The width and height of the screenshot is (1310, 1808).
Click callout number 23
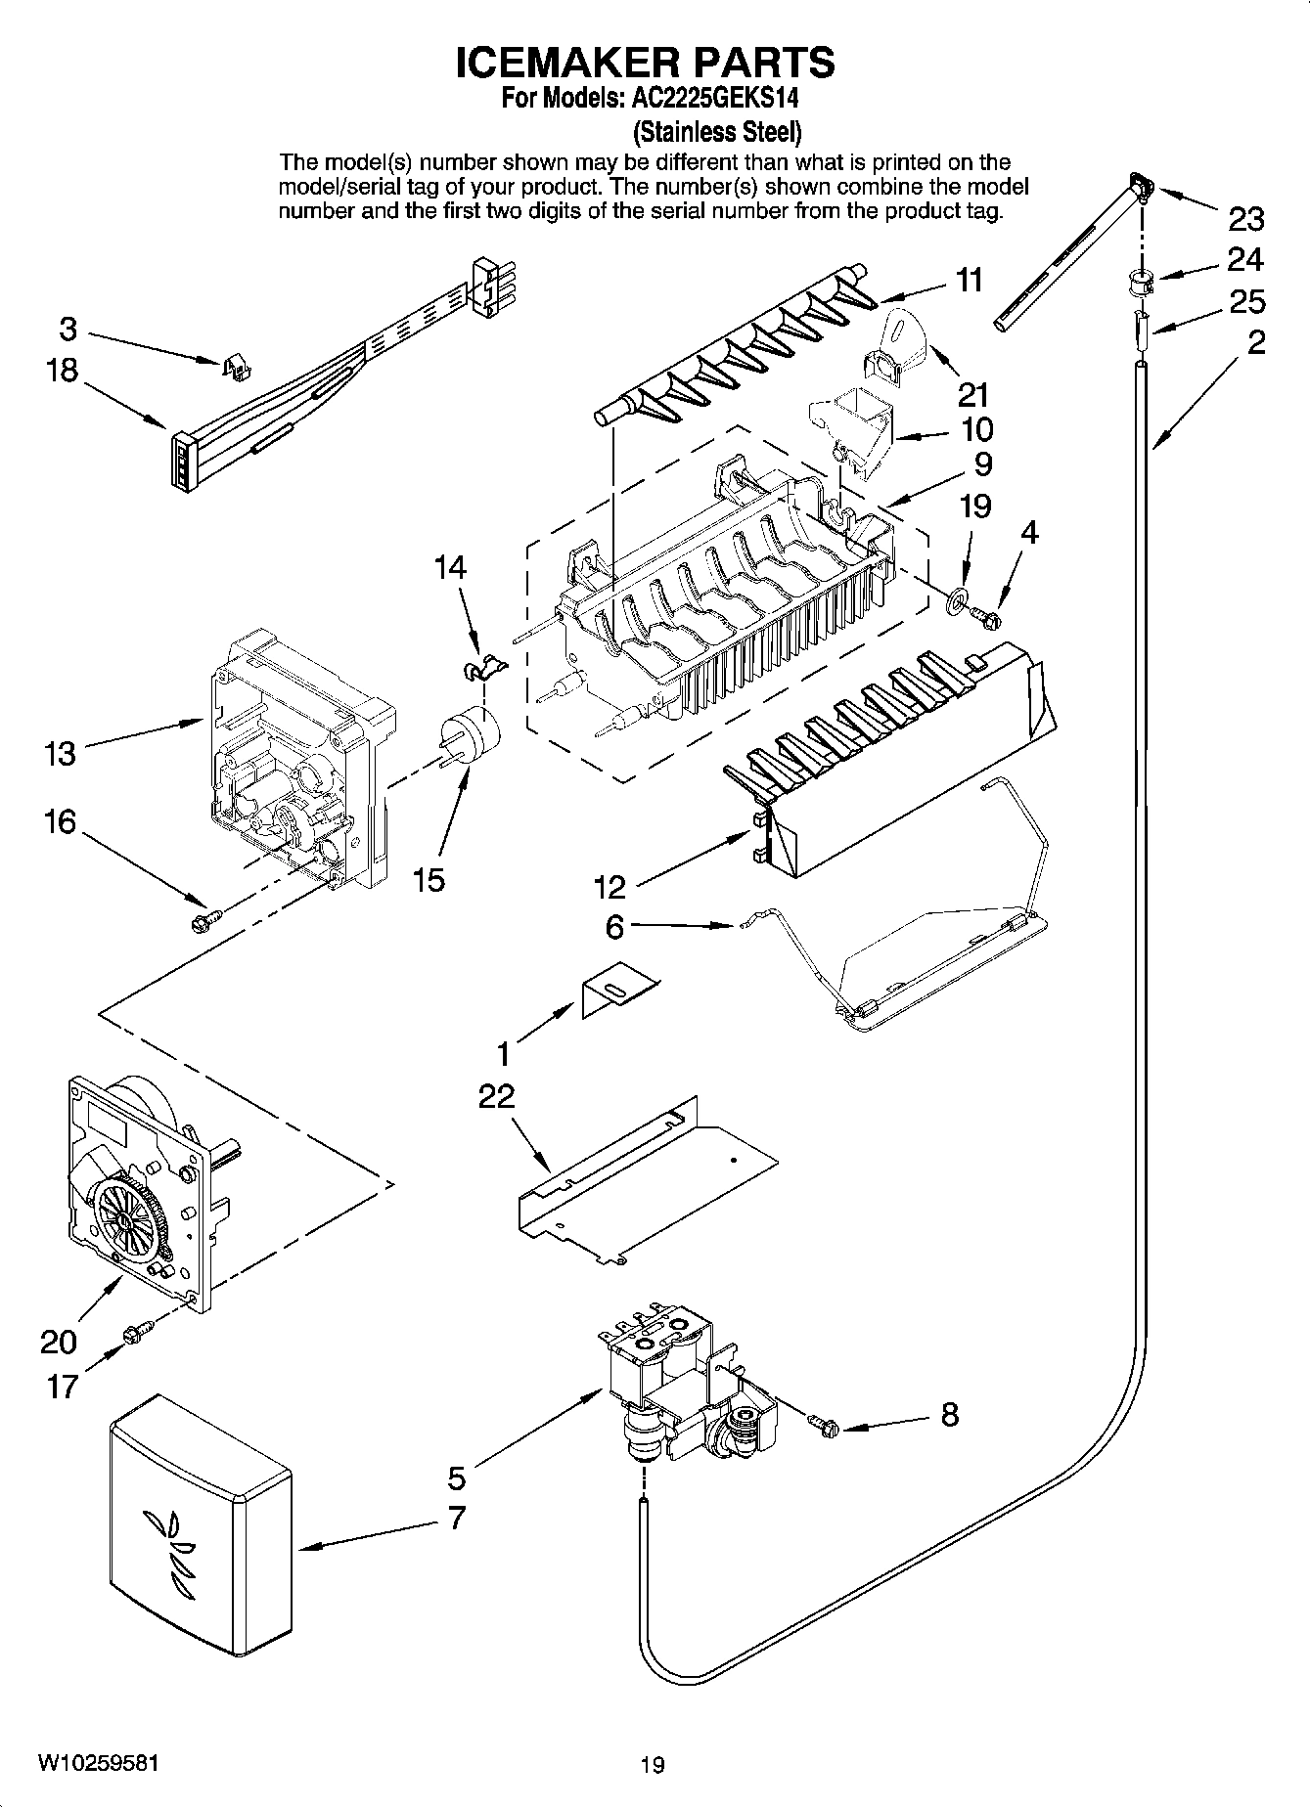(x=1245, y=219)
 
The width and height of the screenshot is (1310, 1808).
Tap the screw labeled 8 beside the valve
(x=824, y=1427)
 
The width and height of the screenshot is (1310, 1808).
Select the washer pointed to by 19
(x=955, y=596)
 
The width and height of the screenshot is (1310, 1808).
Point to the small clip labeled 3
(x=235, y=366)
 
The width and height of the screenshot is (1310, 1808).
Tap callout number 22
(x=496, y=1096)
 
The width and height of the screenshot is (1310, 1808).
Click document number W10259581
(x=98, y=1763)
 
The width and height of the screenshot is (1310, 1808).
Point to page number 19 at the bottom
(x=653, y=1764)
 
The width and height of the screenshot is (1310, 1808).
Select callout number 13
(x=60, y=754)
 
